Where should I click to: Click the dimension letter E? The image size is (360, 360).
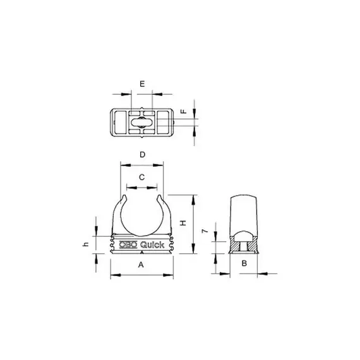(142, 84)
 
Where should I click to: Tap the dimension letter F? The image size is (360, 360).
(184, 111)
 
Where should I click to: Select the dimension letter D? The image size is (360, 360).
(143, 155)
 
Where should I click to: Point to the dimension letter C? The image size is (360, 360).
(142, 177)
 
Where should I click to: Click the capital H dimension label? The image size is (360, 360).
(183, 223)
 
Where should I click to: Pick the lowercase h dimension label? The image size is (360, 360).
(85, 244)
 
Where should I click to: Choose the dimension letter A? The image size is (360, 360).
(141, 265)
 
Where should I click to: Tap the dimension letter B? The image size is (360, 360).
(244, 263)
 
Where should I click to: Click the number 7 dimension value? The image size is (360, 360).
(205, 231)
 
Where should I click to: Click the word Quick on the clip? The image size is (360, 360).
(152, 245)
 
